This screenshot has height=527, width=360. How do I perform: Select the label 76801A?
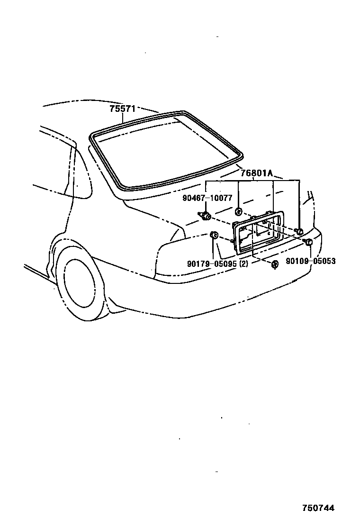click(x=256, y=173)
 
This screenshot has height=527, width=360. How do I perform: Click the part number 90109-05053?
click(x=310, y=261)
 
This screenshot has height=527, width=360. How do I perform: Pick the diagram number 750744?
click(x=318, y=508)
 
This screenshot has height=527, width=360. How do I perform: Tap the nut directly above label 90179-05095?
click(x=214, y=235)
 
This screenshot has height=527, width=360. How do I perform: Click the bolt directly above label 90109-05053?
click(x=308, y=242)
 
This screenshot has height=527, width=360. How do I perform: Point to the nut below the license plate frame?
click(x=275, y=264)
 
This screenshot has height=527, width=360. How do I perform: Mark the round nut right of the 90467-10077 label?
click(x=239, y=210)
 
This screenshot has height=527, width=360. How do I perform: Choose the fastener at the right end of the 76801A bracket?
click(x=299, y=230)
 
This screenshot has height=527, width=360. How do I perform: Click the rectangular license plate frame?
click(x=258, y=232)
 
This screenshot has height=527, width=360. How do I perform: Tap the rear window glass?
click(x=166, y=152)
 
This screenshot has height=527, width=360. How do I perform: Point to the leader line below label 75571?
click(x=123, y=118)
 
